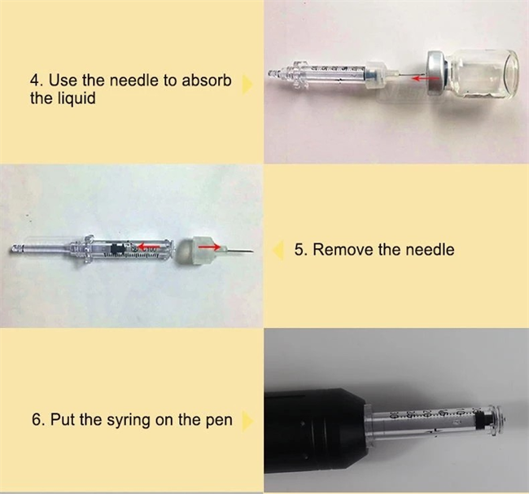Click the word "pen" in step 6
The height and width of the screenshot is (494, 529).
coord(216,420)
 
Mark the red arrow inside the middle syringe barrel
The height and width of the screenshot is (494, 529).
coord(146,243)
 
